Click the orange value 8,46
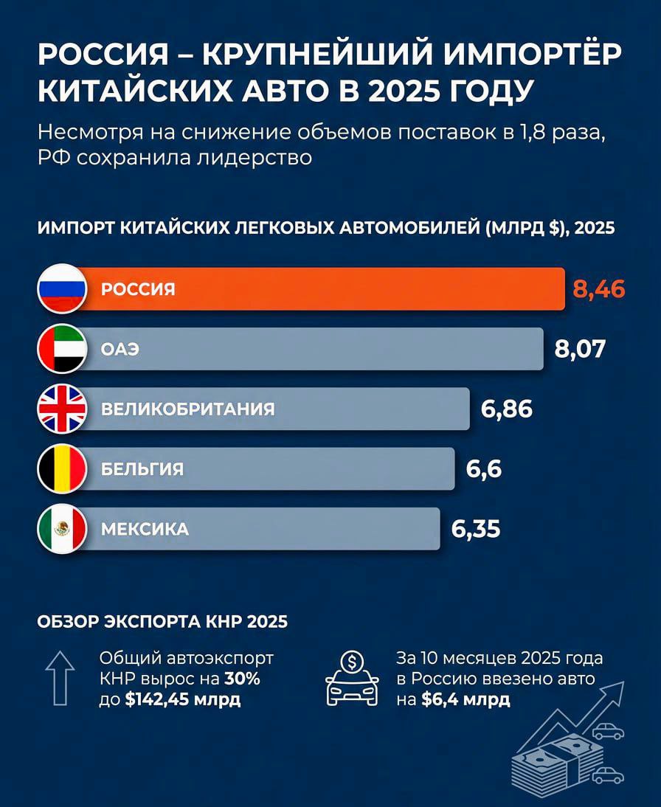[x=598, y=288]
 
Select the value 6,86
[x=507, y=409]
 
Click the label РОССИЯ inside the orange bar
[x=138, y=289]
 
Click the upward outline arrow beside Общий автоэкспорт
[x=60, y=673]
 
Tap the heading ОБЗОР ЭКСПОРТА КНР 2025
[x=162, y=622]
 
